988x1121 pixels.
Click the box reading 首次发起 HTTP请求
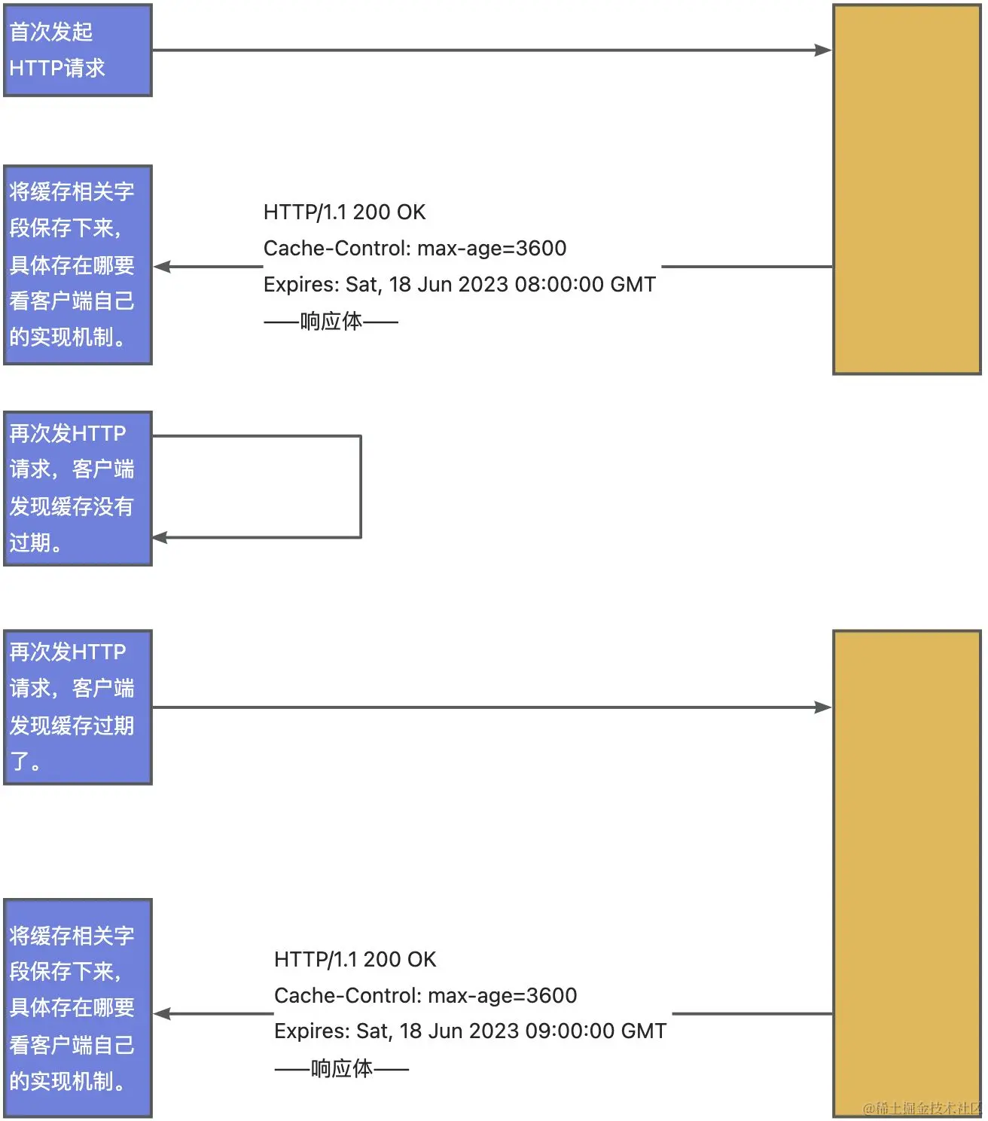coord(78,50)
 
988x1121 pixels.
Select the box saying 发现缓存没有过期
coord(78,488)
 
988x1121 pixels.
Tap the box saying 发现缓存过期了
coord(78,707)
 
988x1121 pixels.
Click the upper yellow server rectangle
coord(907,188)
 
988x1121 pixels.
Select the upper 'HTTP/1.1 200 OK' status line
coord(344,212)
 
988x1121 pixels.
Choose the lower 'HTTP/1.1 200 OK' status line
coord(355,959)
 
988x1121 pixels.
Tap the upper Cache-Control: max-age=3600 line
coord(415,248)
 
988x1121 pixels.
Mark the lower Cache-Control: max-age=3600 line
coord(425,995)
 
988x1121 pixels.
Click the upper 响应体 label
coord(331,322)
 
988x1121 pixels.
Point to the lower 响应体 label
coord(342,1068)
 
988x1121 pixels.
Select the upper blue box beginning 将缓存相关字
coord(78,265)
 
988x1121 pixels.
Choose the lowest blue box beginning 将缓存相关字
coord(78,1008)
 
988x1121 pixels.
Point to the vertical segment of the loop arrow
coord(361,487)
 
